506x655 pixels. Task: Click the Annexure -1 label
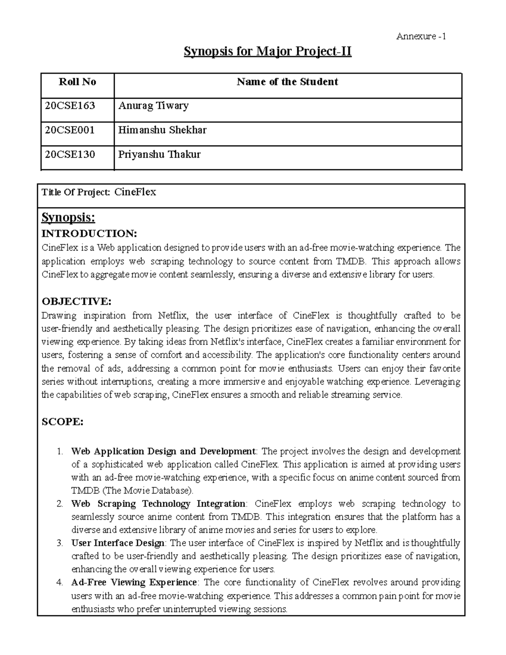click(x=421, y=36)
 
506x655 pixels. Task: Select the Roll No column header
click(x=77, y=82)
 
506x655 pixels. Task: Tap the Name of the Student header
click(x=287, y=82)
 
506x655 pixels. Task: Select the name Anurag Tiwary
click(x=153, y=105)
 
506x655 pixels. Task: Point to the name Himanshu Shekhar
click(x=162, y=130)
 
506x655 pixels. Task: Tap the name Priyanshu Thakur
click(x=159, y=154)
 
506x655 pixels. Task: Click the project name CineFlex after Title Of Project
click(x=135, y=192)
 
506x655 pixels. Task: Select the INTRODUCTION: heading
click(x=89, y=234)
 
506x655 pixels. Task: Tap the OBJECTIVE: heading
click(x=76, y=301)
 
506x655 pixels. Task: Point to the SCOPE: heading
click(x=62, y=422)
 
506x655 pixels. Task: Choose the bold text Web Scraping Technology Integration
click(x=159, y=504)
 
